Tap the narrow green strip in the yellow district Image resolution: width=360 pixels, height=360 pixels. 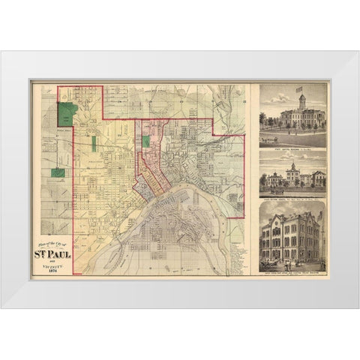94,143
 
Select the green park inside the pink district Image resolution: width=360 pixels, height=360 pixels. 147,139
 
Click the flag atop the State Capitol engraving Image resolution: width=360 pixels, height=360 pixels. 302,95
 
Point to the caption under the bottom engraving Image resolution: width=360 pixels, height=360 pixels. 292,274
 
